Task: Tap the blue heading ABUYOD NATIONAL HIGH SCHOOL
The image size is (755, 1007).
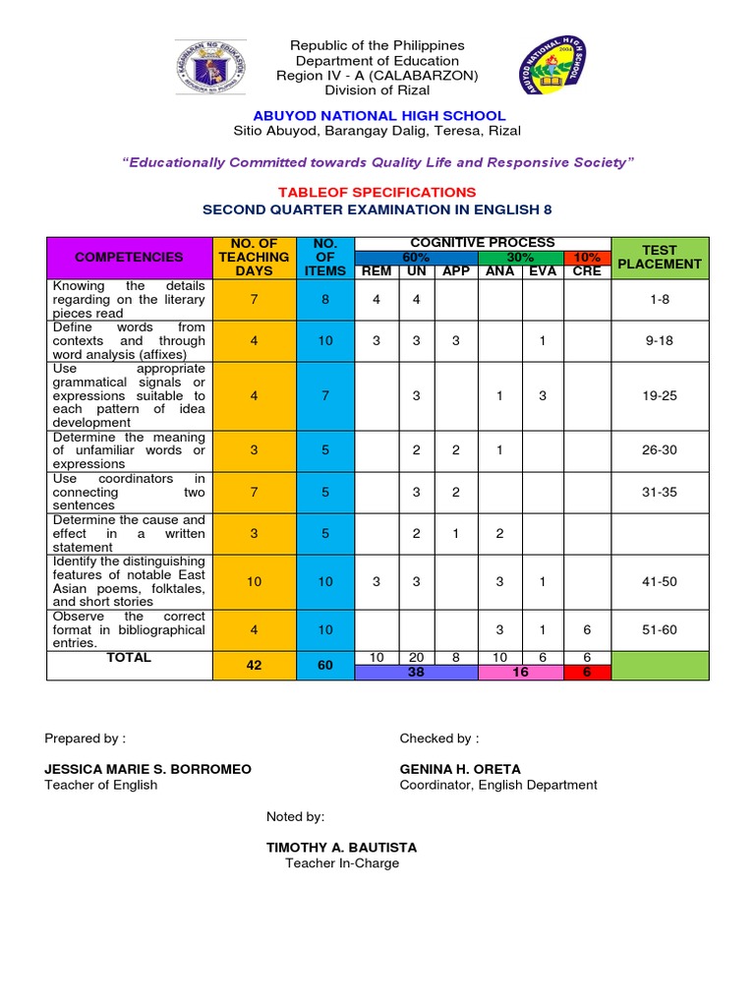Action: (377, 116)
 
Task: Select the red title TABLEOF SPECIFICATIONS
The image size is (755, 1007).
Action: (377, 192)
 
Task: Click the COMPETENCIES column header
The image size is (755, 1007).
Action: (130, 257)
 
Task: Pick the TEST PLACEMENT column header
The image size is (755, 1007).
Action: (659, 257)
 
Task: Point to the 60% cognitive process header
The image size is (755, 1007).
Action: (416, 257)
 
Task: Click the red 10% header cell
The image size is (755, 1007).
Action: (587, 257)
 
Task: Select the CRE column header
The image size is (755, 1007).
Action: (587, 271)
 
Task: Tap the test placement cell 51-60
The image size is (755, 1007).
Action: (659, 629)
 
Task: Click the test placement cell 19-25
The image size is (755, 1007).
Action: (659, 395)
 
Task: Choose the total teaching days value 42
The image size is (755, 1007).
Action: (255, 666)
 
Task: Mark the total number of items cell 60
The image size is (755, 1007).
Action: (325, 666)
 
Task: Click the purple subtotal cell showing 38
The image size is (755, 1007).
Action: (416, 672)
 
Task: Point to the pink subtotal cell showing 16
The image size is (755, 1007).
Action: (521, 672)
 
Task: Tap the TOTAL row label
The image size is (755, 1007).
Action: (130, 658)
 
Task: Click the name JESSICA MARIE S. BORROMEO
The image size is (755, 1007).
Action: (148, 768)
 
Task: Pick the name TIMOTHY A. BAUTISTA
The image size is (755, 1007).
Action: (342, 847)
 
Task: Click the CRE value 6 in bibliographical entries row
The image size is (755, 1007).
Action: (587, 629)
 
